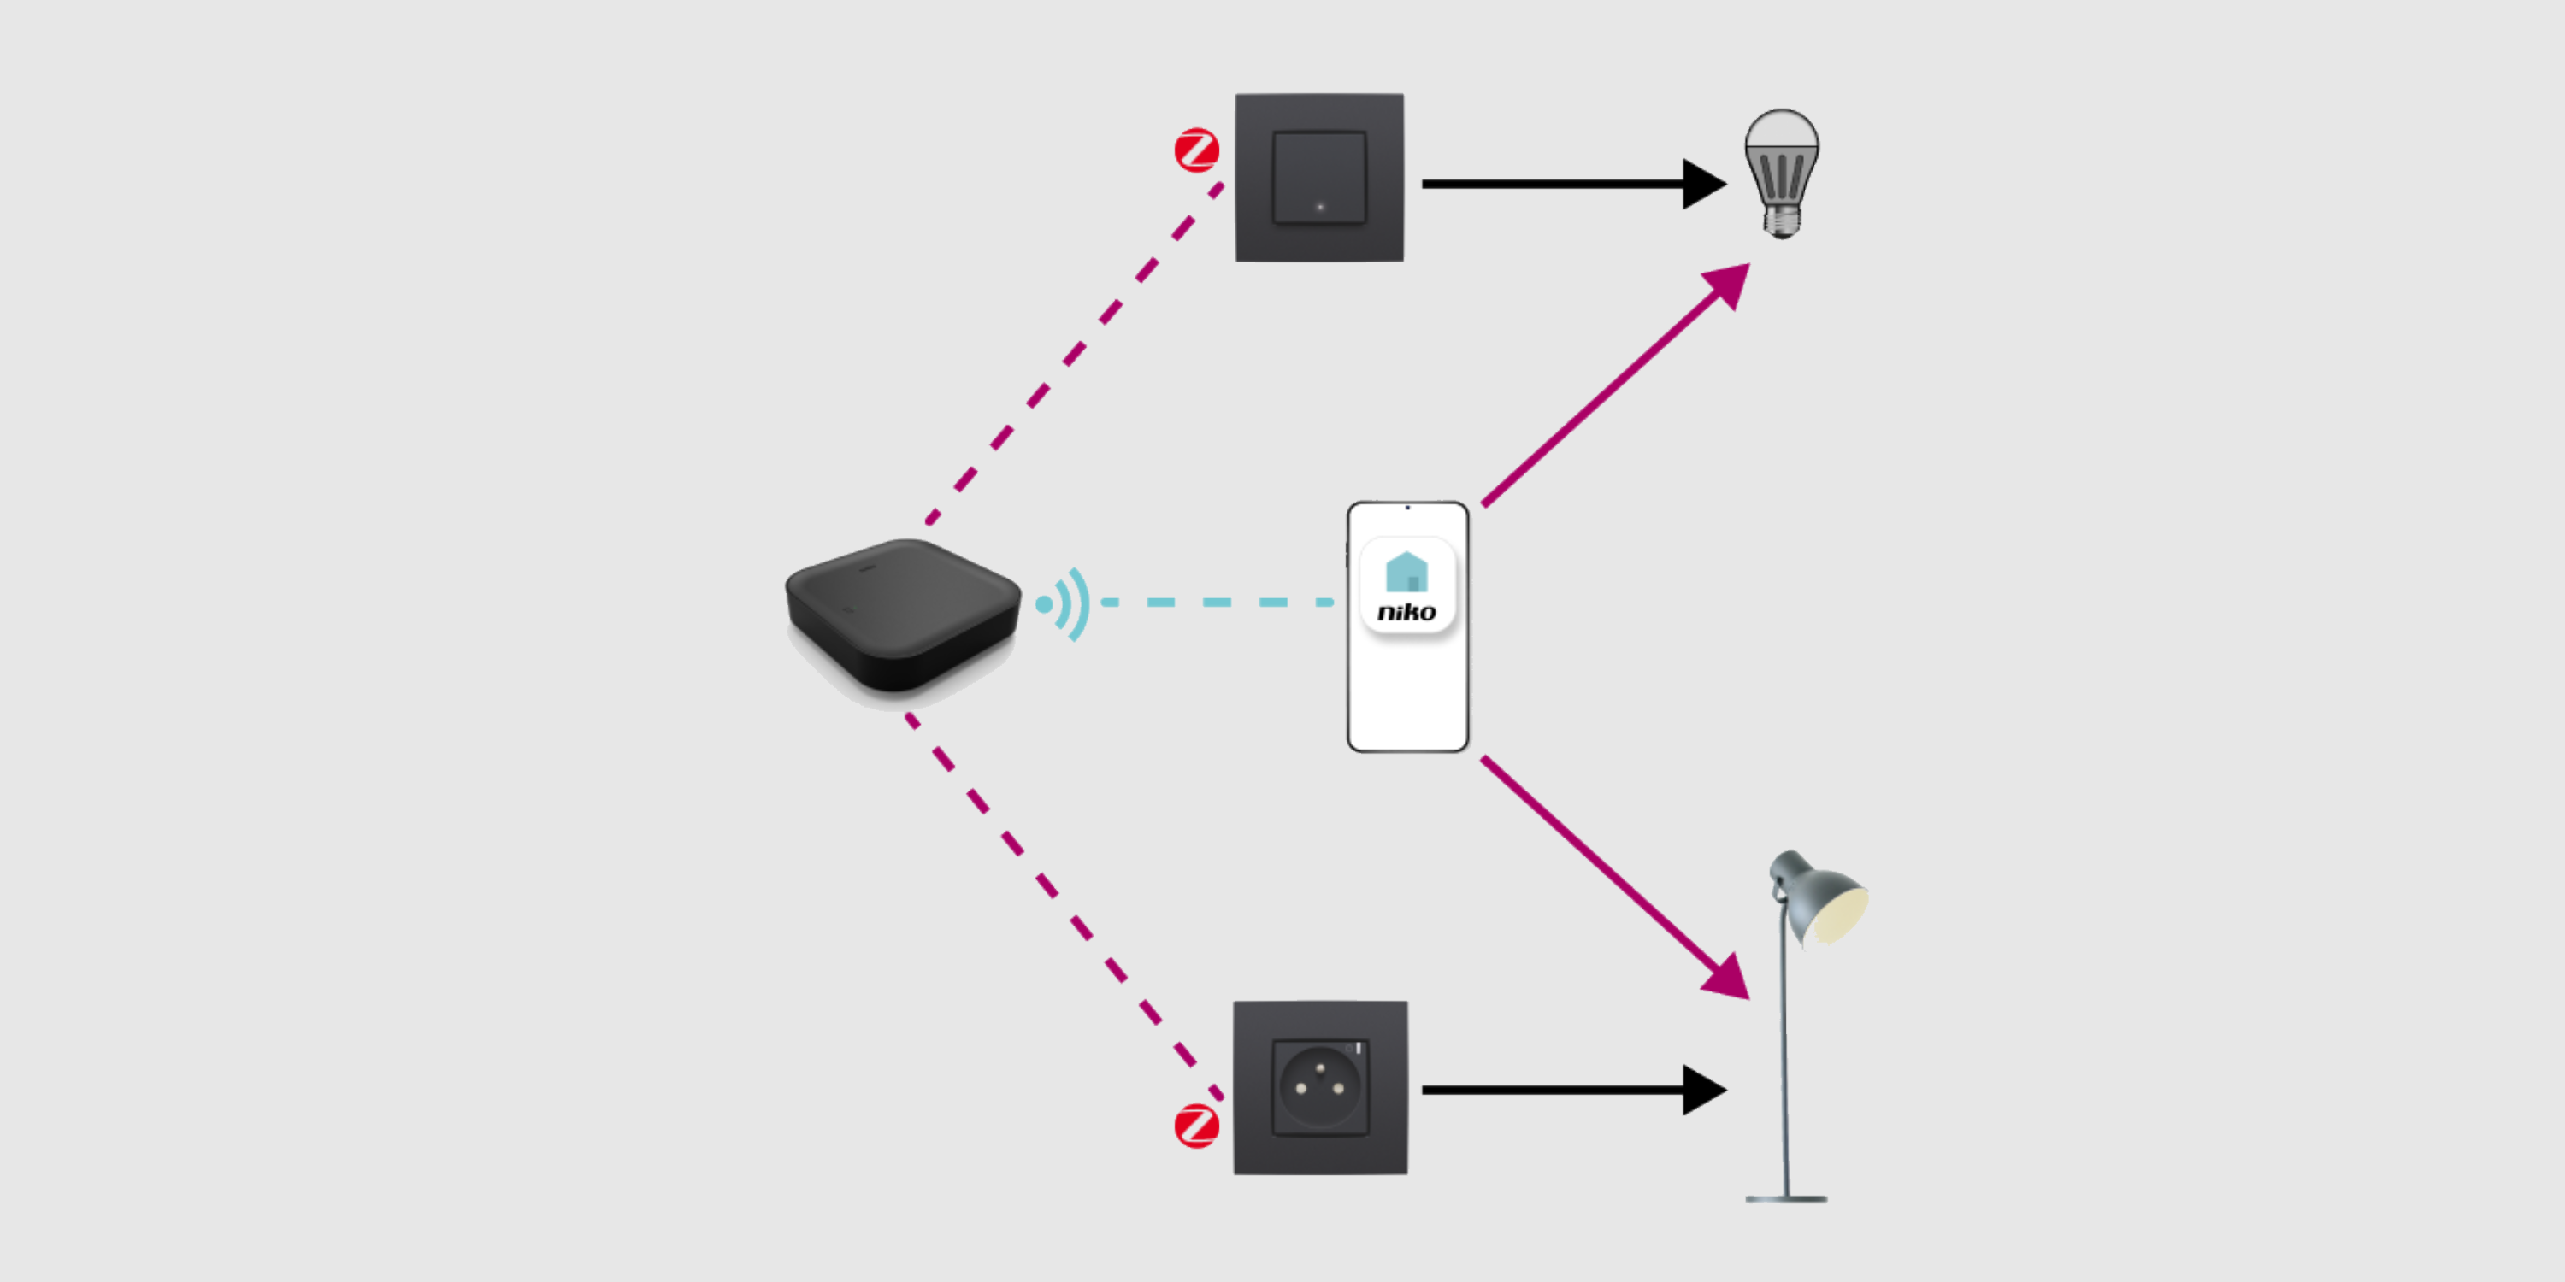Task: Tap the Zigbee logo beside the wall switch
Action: [1196, 150]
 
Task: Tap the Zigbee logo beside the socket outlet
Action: [1196, 1126]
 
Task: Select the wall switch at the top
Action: [1319, 177]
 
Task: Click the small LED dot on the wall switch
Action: [1320, 207]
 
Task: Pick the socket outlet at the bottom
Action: [1320, 1087]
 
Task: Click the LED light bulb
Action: [1781, 159]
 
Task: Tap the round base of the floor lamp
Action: [1786, 1198]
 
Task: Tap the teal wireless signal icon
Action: [1065, 604]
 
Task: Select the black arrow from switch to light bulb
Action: [1573, 184]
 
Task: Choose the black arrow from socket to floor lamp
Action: [1573, 1090]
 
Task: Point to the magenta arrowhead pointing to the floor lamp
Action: [1729, 978]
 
